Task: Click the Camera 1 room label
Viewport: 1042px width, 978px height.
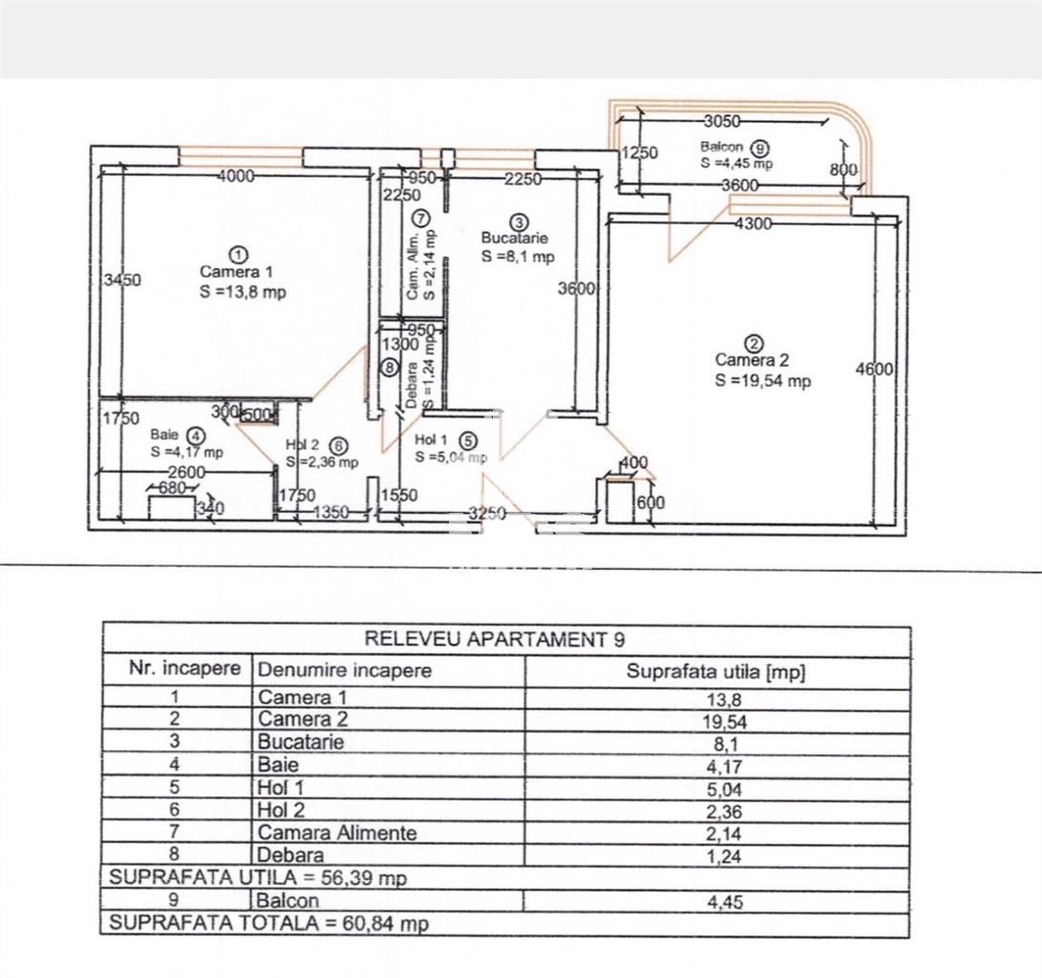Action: coord(236,272)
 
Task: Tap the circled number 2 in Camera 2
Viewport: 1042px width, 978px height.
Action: coord(755,344)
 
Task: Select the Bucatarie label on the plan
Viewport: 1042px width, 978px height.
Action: coord(515,238)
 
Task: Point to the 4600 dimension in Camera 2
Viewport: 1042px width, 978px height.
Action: coord(875,369)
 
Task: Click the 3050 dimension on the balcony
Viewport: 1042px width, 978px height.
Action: coord(722,121)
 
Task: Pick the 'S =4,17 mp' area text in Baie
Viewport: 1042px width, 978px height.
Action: coord(187,452)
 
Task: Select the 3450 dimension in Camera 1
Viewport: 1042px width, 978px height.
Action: coord(123,280)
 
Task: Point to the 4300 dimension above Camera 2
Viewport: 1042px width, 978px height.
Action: coord(754,223)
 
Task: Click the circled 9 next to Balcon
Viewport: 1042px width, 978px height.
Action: coord(759,147)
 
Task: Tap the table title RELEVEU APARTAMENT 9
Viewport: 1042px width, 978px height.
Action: coord(495,639)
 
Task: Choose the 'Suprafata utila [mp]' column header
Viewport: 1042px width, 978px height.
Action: coord(715,671)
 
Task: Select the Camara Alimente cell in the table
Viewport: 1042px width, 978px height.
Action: coord(337,833)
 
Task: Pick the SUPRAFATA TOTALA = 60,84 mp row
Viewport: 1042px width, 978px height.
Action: coord(269,923)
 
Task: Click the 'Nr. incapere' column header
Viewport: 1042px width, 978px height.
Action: coord(184,668)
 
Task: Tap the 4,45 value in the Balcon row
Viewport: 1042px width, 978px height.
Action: coord(725,903)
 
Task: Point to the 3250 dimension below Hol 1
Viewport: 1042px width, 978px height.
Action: coord(488,514)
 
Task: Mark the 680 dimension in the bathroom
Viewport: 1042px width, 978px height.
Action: coord(172,488)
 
